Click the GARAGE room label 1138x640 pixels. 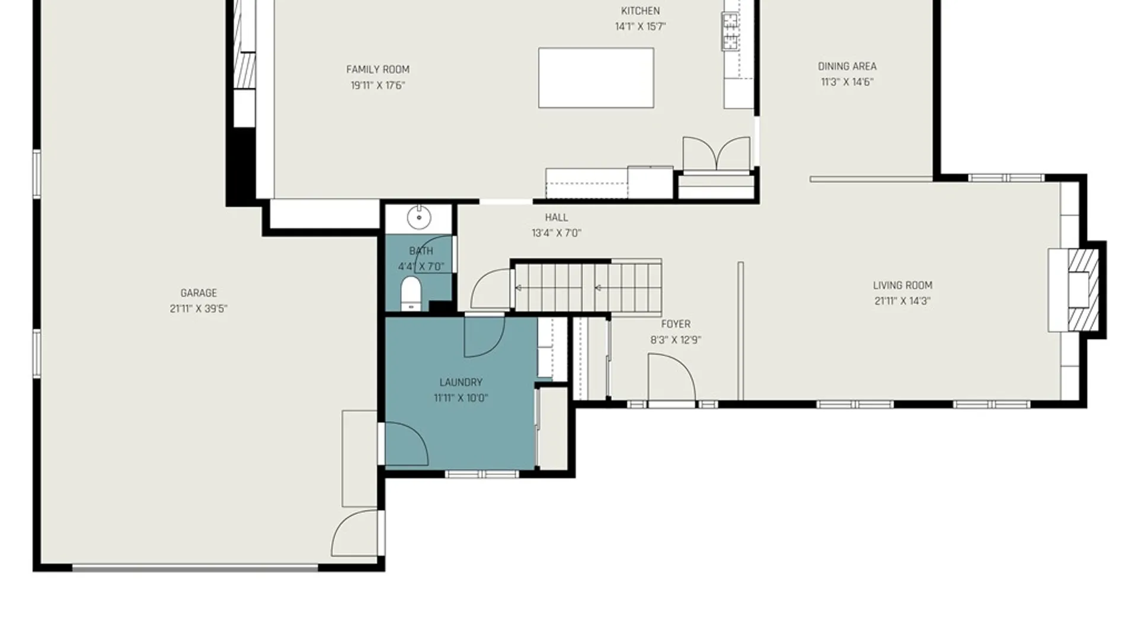tap(199, 293)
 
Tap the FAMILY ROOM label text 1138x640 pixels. tap(378, 69)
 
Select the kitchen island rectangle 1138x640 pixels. tap(596, 78)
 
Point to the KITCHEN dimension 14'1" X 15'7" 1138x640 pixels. tap(640, 27)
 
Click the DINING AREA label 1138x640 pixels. tap(847, 66)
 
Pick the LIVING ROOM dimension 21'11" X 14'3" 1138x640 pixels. tap(902, 301)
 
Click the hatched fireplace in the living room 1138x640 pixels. tap(1082, 290)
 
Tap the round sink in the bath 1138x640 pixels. tap(419, 217)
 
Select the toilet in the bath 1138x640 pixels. tap(411, 293)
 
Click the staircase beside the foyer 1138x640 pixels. tap(587, 288)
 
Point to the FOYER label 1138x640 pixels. tap(676, 324)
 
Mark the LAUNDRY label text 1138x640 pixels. tap(461, 382)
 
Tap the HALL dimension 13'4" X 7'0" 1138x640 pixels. tap(556, 233)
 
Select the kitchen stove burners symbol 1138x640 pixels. tap(730, 31)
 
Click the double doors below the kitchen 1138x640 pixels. tap(716, 154)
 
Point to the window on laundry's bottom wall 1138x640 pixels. tap(481, 474)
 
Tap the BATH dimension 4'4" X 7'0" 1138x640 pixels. tap(420, 267)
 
